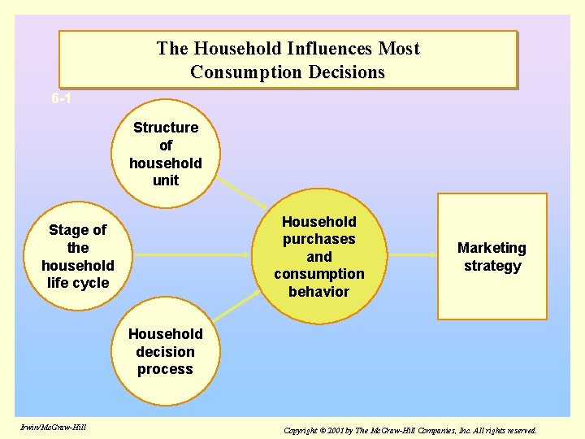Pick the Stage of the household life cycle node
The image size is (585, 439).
[78, 256]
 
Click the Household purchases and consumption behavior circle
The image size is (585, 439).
[318, 256]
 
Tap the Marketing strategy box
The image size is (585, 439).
[492, 256]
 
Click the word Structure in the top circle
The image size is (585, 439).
[166, 128]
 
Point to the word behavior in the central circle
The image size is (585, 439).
[318, 292]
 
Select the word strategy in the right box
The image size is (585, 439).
[492, 266]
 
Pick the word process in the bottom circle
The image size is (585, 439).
[165, 369]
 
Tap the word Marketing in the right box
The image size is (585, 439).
[492, 248]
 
